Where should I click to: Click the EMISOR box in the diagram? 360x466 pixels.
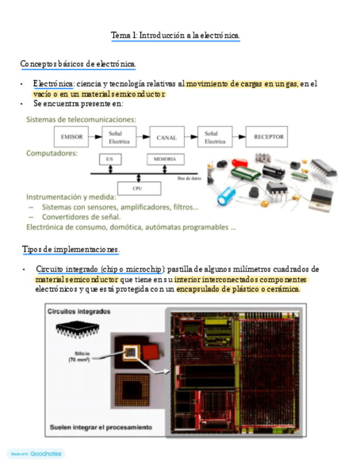[x=71, y=137]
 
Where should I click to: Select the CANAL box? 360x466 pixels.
[x=167, y=137]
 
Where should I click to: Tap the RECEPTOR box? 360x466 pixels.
[x=269, y=137]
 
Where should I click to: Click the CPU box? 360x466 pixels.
[x=138, y=188]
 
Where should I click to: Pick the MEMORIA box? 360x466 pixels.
[x=165, y=159]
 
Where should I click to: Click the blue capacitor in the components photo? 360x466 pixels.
[x=227, y=196]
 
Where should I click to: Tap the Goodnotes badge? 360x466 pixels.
[x=36, y=454]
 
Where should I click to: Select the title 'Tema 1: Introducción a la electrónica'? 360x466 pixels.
[x=175, y=36]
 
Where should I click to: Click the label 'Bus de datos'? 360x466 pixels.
[x=188, y=177]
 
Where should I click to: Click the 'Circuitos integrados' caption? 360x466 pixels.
[x=79, y=312]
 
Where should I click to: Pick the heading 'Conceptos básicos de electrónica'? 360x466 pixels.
[x=77, y=65]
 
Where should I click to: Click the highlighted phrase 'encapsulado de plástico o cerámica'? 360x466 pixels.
[x=239, y=289]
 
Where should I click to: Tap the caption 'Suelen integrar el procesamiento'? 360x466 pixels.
[x=101, y=427]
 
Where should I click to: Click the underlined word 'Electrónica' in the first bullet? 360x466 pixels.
[x=53, y=84]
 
